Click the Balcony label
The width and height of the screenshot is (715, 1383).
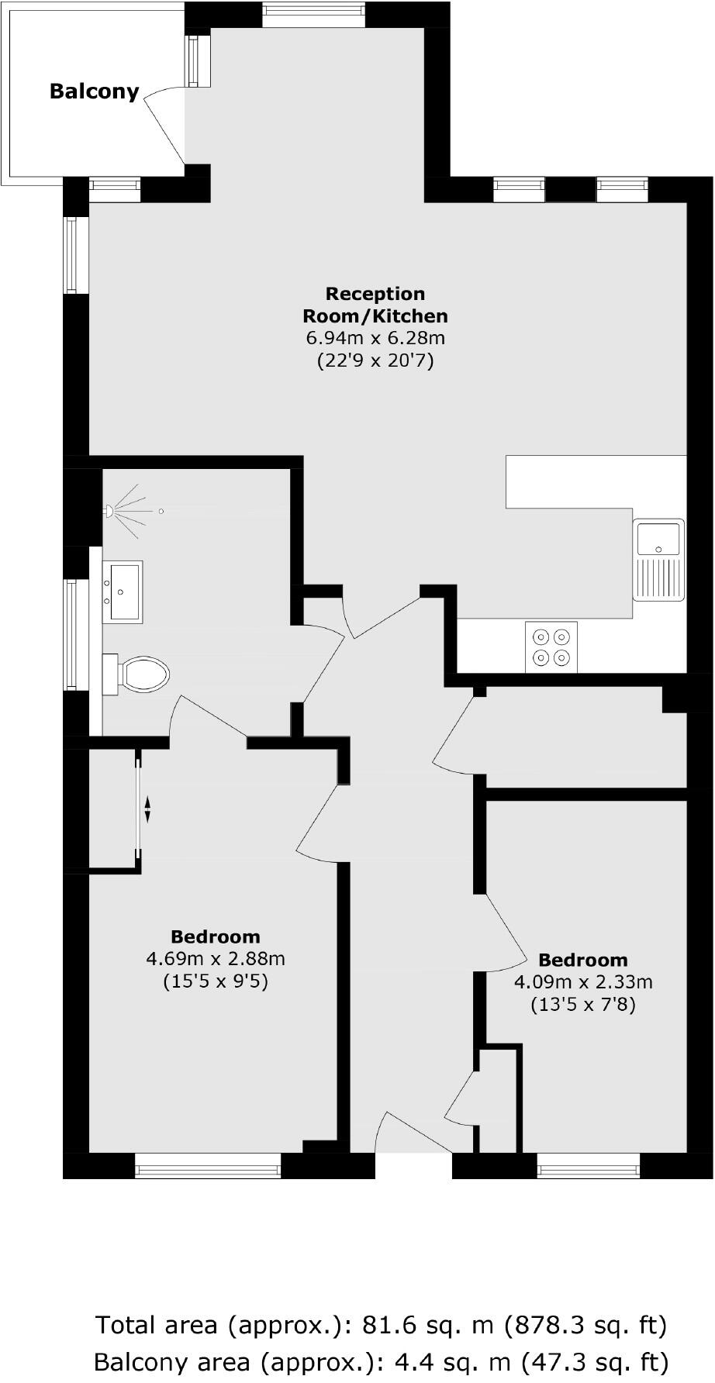[94, 91]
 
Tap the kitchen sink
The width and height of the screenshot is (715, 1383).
[658, 558]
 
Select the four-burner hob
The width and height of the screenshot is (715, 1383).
[551, 647]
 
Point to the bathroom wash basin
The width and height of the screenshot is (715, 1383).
[123, 591]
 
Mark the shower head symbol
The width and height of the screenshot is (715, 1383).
[111, 511]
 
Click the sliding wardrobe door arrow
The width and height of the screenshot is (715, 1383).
[147, 810]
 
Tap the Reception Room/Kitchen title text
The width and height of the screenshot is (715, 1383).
[375, 305]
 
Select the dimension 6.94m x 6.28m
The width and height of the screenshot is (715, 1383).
[375, 338]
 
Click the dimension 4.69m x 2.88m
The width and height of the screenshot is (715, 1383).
[216, 959]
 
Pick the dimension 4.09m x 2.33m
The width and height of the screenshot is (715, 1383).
[583, 982]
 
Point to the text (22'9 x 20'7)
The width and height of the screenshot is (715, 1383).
[375, 360]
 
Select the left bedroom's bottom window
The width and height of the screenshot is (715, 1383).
[208, 1165]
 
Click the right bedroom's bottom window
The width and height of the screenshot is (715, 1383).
[589, 1165]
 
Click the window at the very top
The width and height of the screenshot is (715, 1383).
[313, 14]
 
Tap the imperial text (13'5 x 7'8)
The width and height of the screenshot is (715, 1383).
[583, 1005]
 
